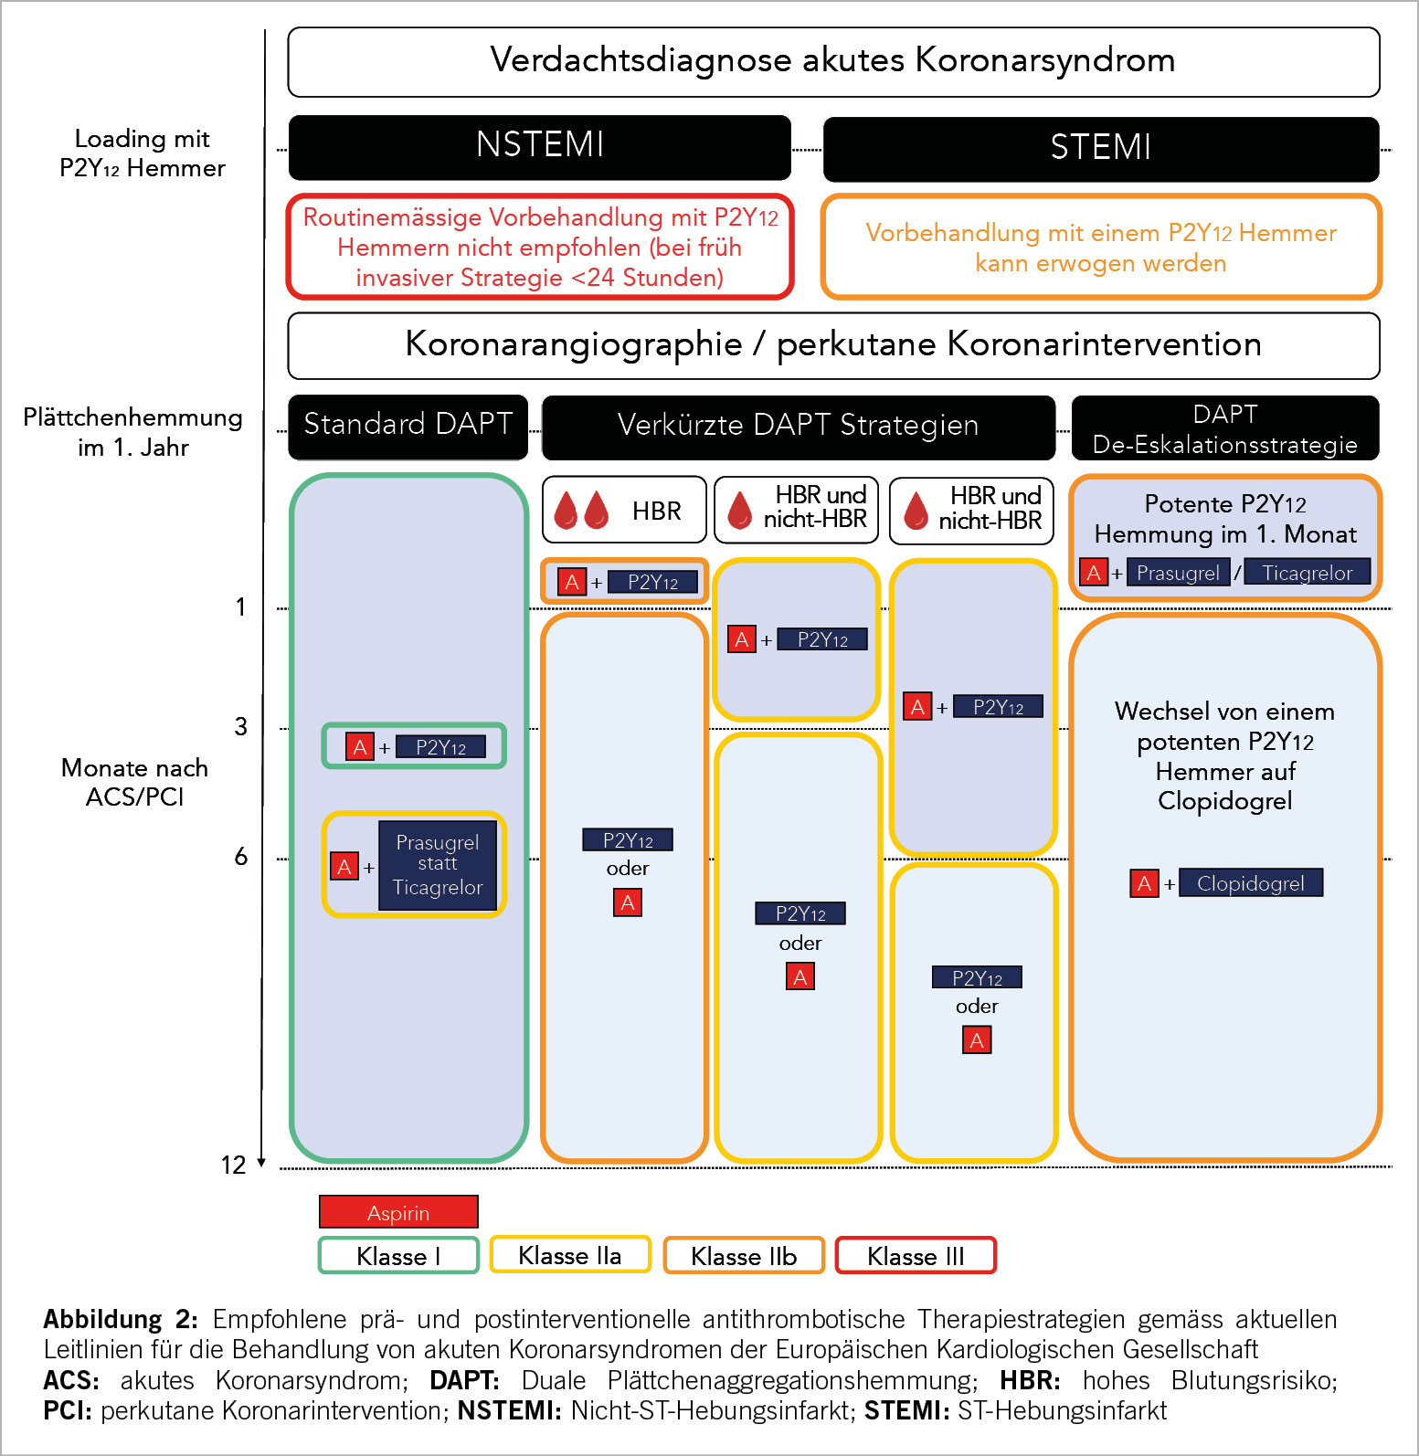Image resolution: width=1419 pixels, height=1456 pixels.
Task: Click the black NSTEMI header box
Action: click(x=539, y=147)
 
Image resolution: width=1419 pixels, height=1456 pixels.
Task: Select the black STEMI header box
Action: click(x=1100, y=149)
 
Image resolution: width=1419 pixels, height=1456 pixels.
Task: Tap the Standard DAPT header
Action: click(x=408, y=426)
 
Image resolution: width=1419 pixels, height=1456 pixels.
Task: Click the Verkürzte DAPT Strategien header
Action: click(x=798, y=427)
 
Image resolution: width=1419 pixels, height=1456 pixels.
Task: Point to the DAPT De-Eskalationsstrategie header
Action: click(x=1224, y=427)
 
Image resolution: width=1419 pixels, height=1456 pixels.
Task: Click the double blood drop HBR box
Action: click(x=624, y=510)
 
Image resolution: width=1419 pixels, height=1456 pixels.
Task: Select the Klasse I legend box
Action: click(x=398, y=1255)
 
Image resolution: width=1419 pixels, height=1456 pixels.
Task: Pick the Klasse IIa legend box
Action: click(x=570, y=1254)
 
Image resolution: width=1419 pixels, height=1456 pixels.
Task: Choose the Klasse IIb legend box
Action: click(x=744, y=1255)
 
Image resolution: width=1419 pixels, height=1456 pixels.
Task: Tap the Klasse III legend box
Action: click(x=916, y=1255)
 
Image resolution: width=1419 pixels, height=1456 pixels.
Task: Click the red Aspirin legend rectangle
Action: click(x=398, y=1212)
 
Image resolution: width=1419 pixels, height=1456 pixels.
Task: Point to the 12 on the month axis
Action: click(x=233, y=1165)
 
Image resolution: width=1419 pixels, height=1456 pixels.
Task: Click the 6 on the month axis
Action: click(x=240, y=856)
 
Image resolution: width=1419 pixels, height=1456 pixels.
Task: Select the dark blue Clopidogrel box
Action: click(x=1250, y=883)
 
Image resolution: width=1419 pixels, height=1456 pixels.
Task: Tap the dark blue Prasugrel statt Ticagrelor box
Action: click(x=438, y=865)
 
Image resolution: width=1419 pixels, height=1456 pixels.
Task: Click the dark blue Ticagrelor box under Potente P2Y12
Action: click(x=1307, y=573)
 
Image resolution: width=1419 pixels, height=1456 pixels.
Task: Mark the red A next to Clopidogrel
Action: click(x=1144, y=883)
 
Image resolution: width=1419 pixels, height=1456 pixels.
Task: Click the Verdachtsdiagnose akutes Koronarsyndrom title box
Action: click(x=833, y=61)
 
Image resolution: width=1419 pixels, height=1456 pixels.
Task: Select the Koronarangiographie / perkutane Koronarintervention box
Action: click(x=833, y=345)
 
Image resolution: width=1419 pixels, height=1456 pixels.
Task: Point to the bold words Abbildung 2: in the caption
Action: click(x=121, y=1319)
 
